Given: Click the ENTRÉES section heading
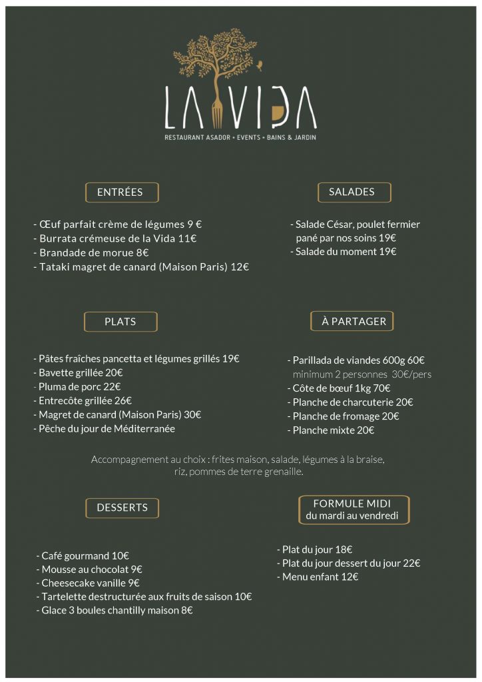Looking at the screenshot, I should (122, 192).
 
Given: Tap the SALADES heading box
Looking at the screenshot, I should (354, 192).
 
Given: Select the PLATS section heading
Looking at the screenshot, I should (120, 322).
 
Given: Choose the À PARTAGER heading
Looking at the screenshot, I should (353, 321).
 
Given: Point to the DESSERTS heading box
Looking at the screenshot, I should (122, 508).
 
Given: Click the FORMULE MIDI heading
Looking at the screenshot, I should (352, 510).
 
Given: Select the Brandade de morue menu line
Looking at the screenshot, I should (91, 253).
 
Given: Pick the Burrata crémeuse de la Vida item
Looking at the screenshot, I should (115, 238).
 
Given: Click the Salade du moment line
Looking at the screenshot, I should (344, 252).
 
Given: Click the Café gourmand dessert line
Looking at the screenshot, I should (83, 555).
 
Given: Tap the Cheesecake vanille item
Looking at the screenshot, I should (88, 583).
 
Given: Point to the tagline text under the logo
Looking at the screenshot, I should (240, 138).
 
